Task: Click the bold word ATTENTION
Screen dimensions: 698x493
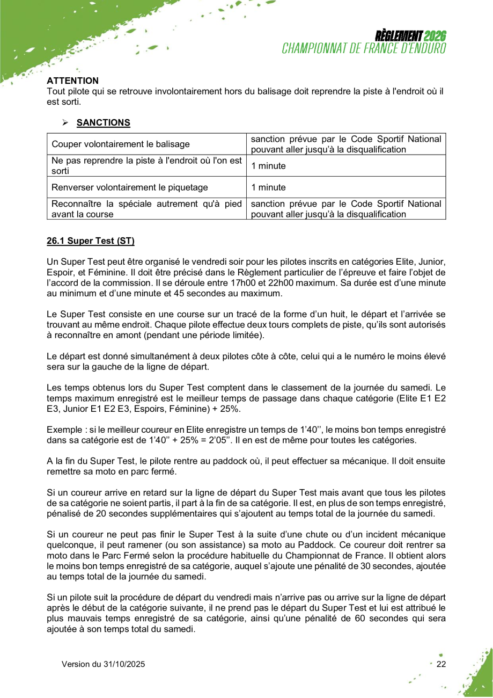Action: (x=73, y=81)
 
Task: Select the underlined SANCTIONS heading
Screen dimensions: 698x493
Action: (x=103, y=122)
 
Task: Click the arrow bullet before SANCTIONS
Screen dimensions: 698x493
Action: (x=65, y=123)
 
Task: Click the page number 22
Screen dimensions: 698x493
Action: (x=441, y=664)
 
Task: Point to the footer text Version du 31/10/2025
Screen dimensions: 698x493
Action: (x=103, y=664)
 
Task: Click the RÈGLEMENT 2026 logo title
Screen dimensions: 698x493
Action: (x=410, y=36)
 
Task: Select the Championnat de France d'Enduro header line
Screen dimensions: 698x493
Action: (x=364, y=48)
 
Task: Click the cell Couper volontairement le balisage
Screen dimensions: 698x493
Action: (x=120, y=144)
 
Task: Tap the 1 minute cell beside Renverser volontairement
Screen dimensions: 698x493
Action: (x=268, y=187)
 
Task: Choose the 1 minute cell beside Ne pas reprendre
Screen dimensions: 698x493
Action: (x=268, y=166)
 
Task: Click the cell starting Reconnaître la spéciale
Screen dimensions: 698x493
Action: (x=146, y=209)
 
